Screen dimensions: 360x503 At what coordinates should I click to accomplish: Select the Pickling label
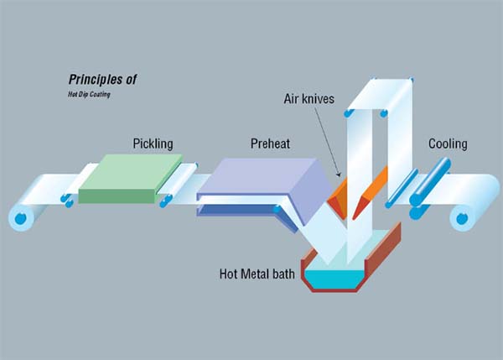click(x=153, y=143)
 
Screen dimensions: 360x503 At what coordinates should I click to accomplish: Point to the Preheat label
click(x=270, y=143)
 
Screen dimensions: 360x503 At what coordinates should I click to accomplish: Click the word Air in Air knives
click(x=293, y=99)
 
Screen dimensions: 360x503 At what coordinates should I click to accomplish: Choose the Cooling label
click(x=448, y=143)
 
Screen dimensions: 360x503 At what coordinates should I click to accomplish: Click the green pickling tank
click(x=130, y=178)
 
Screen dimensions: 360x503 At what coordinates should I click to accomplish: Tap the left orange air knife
click(x=336, y=196)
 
